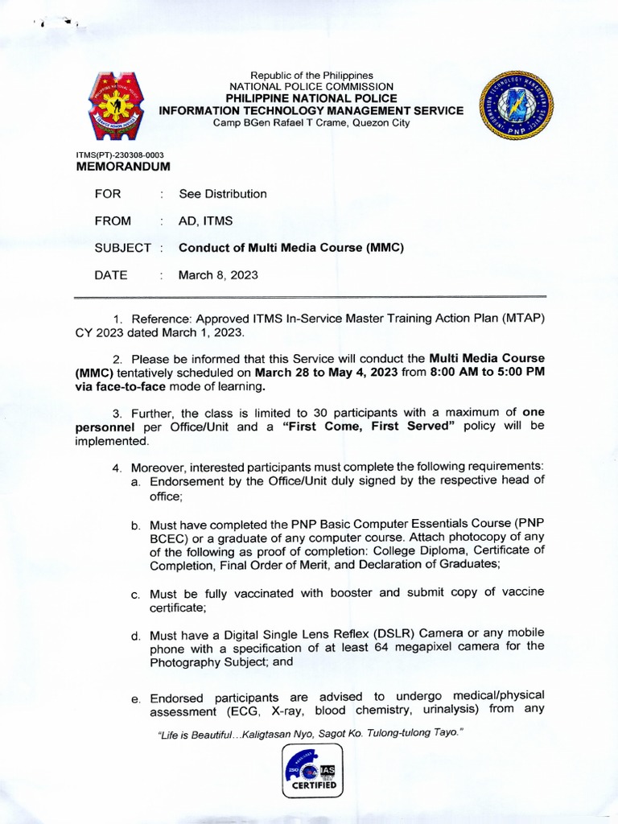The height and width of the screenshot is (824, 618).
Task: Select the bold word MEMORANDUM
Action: (x=123, y=167)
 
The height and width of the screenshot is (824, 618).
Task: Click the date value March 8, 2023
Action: (x=218, y=275)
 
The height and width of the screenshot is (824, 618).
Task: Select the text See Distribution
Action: (x=223, y=194)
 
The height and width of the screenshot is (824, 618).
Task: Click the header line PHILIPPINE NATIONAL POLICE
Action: (x=311, y=98)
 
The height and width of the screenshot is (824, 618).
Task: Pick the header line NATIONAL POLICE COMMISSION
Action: (x=311, y=86)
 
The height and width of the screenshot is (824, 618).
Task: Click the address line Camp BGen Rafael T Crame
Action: (x=311, y=123)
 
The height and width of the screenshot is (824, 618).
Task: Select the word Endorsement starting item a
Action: (x=190, y=481)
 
